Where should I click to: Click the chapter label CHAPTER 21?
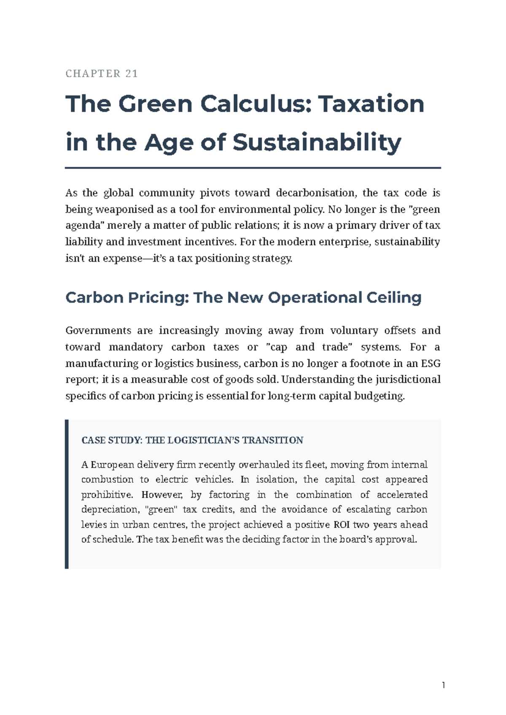click(x=102, y=74)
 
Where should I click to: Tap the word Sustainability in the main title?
click(x=317, y=142)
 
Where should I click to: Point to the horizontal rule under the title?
click(x=253, y=168)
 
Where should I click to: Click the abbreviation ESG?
click(x=431, y=363)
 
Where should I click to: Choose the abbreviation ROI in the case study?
click(x=342, y=525)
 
